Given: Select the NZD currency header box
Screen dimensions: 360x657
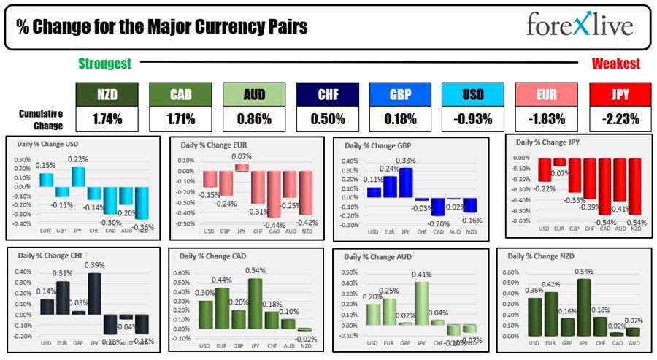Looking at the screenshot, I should (x=107, y=94).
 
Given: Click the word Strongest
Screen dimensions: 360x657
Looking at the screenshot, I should (x=104, y=64).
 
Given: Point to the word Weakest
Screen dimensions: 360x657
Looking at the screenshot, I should (x=615, y=64).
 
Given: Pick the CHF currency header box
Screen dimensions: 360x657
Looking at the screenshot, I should (x=327, y=94).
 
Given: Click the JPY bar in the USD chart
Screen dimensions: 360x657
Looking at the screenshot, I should (x=78, y=177).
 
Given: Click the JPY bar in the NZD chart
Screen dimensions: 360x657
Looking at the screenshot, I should (x=583, y=304).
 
